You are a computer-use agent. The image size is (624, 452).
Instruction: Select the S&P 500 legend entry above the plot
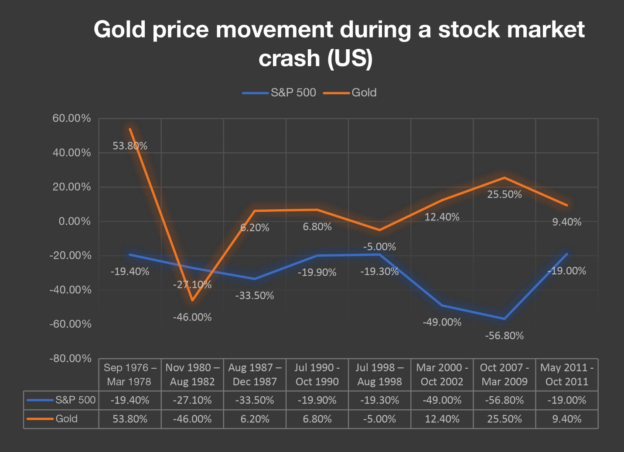pos(293,92)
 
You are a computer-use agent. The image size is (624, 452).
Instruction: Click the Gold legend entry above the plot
pos(364,92)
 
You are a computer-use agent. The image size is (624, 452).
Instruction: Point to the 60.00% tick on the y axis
pos(72,119)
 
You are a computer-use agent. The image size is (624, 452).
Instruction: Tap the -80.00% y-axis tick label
pos(70,359)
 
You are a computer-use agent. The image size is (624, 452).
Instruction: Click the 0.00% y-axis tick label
pos(75,221)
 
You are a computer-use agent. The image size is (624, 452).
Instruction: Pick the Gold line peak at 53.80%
pos(130,129)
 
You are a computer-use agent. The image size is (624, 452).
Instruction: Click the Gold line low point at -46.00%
pos(192,300)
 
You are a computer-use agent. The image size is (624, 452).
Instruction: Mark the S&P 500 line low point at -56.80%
pos(505,319)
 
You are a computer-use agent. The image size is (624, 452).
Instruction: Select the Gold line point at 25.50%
pos(505,178)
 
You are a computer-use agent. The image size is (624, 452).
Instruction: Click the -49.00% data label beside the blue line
pos(442,322)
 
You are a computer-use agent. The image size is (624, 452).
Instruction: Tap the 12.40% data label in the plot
pos(442,217)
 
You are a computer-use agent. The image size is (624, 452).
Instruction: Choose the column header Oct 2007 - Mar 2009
pos(505,374)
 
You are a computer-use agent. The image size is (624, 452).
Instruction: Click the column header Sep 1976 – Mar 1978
pos(130,374)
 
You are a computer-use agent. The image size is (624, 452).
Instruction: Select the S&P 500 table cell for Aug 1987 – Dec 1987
pos(255,400)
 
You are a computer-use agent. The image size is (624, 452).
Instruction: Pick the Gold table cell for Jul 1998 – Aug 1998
pos(379,419)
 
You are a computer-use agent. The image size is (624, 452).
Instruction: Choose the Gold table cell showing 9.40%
pos(566,419)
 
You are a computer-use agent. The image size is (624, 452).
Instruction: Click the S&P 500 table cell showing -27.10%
pos(192,400)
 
